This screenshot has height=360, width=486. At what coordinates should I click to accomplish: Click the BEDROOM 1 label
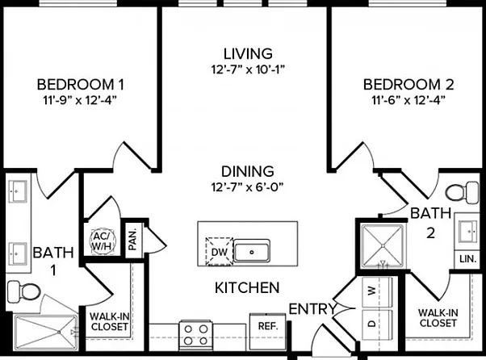click(80, 85)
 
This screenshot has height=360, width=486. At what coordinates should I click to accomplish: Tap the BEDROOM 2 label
click(408, 85)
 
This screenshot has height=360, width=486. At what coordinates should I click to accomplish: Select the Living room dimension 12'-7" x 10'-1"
click(248, 69)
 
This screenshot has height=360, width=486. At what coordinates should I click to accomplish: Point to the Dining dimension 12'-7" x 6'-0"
click(247, 186)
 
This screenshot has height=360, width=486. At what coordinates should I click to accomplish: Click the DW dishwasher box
click(220, 252)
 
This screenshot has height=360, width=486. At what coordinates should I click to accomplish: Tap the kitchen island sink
click(252, 252)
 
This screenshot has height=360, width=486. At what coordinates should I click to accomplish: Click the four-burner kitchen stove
click(196, 335)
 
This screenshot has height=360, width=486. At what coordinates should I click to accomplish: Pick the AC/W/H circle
click(103, 241)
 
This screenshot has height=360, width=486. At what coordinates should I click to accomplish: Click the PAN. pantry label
click(132, 240)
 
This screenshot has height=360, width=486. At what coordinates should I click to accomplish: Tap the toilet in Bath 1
click(24, 291)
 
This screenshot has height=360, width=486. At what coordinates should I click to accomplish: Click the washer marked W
click(377, 291)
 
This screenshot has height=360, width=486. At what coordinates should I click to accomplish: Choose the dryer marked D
click(377, 324)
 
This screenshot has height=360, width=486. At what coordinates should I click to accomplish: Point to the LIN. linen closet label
click(467, 258)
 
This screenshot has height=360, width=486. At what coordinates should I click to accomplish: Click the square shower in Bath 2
click(383, 246)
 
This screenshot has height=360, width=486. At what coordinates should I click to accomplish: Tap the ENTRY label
click(312, 309)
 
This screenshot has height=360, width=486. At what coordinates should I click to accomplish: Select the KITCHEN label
click(247, 288)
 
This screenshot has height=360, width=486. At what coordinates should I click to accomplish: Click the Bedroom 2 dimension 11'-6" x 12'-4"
click(408, 100)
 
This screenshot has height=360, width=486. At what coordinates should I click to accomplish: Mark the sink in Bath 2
click(468, 232)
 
